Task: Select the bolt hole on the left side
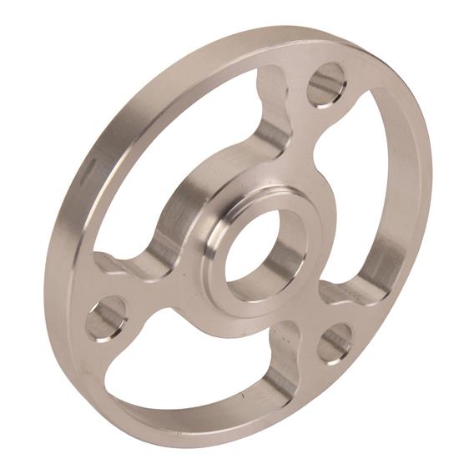[x=107, y=318]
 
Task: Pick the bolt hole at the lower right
[x=335, y=342]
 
